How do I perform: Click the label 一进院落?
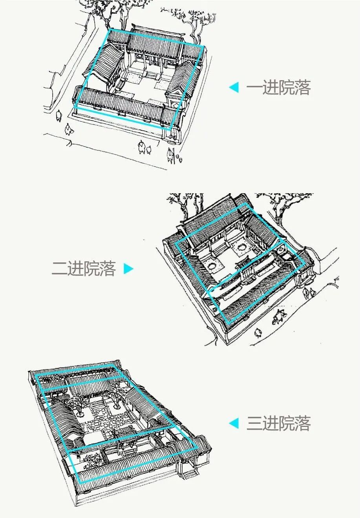278,88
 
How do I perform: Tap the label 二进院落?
84,269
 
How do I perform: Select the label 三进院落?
278,423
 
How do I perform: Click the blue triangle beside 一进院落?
234,88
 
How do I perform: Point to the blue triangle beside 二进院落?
129,269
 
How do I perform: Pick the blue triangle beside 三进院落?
234,423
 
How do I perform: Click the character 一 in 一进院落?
254,88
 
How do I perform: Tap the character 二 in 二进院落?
59,269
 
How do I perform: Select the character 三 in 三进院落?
254,423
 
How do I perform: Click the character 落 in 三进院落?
303,423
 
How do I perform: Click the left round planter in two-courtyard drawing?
213,266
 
